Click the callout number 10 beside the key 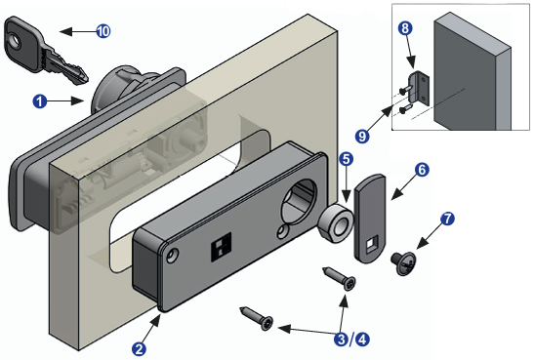[103, 31]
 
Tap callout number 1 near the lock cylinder [40, 101]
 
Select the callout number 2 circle [139, 349]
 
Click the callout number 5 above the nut [346, 159]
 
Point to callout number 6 [422, 169]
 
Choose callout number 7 [447, 219]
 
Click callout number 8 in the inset [405, 28]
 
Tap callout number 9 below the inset [362, 137]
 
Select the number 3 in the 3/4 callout [342, 340]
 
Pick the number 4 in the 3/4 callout [362, 340]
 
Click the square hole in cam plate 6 [370, 244]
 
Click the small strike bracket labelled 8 [420, 88]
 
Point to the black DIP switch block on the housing [221, 247]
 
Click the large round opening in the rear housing [298, 202]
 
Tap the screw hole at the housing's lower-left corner [173, 256]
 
